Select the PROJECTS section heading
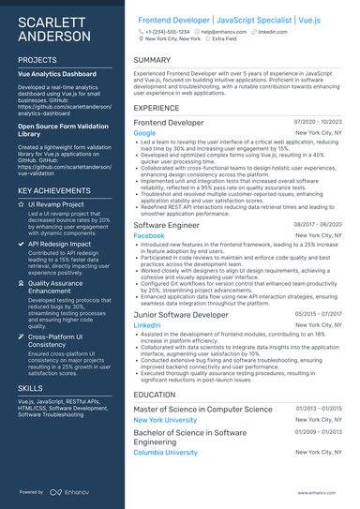point(37,59)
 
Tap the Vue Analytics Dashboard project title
point(56,73)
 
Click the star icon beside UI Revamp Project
point(22,203)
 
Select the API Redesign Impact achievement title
point(59,243)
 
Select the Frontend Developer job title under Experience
point(168,123)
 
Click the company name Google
point(144,134)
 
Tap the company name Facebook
point(149,236)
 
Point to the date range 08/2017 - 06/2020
point(318,225)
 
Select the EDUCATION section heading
point(155,395)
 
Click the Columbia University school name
point(166,452)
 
